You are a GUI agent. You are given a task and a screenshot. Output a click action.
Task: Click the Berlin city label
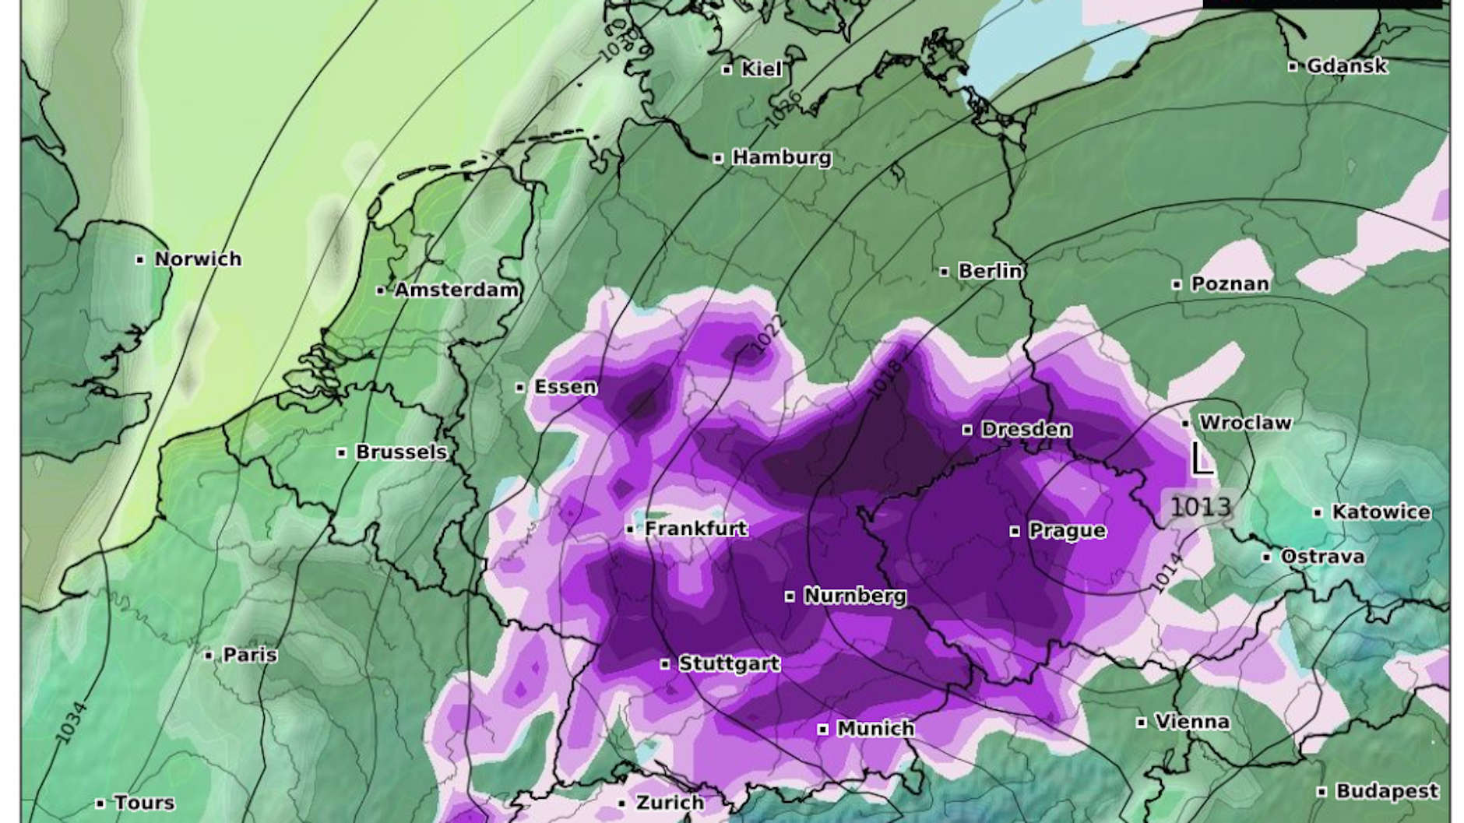click(990, 271)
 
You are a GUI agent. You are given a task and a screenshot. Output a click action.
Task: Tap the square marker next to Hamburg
click(718, 159)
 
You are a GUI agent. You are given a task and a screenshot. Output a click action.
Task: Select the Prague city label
click(1067, 531)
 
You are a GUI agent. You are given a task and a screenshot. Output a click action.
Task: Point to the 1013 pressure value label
click(1201, 507)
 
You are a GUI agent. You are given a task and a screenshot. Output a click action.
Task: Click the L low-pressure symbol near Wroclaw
click(1202, 459)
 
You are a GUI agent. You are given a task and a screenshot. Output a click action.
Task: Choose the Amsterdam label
click(456, 290)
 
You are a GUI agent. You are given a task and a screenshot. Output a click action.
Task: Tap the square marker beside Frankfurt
click(630, 530)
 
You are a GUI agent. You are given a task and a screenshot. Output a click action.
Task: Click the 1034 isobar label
click(71, 722)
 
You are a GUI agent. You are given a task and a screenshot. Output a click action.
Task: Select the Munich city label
click(875, 729)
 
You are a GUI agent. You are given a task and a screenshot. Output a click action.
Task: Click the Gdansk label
click(1346, 66)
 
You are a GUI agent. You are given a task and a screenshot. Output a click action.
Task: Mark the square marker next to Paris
click(208, 656)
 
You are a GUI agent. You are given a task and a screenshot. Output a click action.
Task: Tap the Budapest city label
click(1387, 792)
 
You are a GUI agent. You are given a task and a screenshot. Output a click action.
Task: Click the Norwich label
click(198, 259)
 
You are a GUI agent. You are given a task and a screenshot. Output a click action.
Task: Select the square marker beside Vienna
click(1141, 723)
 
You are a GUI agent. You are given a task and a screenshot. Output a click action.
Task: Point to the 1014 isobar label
click(1166, 572)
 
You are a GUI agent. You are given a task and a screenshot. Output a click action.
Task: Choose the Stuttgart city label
click(729, 664)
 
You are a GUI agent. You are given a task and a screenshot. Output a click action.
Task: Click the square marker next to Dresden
click(967, 430)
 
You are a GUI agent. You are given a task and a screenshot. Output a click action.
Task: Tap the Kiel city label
click(761, 69)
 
